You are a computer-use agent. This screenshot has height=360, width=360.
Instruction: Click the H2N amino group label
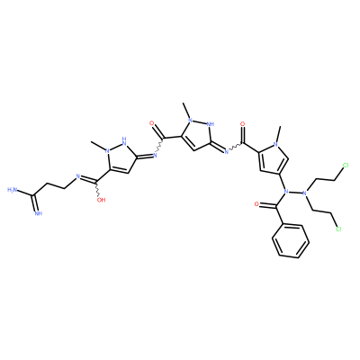tap(13, 190)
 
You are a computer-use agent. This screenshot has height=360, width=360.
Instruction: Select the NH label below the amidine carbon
tap(38, 213)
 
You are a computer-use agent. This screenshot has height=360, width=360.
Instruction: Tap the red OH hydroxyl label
tap(102, 200)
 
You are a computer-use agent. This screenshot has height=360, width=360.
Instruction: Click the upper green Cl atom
tap(346, 165)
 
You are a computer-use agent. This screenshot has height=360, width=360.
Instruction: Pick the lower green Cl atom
tap(338, 229)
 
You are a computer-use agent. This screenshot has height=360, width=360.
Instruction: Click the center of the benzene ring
tap(291, 241)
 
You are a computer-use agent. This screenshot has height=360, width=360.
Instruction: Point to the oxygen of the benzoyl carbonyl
tap(256, 204)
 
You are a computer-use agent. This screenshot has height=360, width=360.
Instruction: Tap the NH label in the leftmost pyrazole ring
tap(123, 140)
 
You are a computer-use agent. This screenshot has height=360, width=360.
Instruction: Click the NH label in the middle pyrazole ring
tap(210, 123)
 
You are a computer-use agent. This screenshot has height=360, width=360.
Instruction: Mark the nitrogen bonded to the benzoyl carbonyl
tap(285, 192)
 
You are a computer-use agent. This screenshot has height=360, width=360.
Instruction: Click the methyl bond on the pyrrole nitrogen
tap(278, 134)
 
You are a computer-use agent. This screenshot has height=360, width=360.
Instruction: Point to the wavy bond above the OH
tap(97, 189)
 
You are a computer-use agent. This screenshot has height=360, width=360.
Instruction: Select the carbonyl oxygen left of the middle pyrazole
tap(151, 123)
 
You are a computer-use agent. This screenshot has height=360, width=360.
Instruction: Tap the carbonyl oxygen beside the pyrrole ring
tap(242, 123)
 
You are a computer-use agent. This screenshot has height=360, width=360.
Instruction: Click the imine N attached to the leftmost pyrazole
tap(155, 155)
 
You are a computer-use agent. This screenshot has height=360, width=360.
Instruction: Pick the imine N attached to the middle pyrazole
tap(227, 151)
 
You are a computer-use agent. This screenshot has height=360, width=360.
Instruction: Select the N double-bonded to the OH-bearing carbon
tap(77, 176)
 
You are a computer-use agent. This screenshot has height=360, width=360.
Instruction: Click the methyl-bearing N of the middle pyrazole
tap(190, 120)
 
